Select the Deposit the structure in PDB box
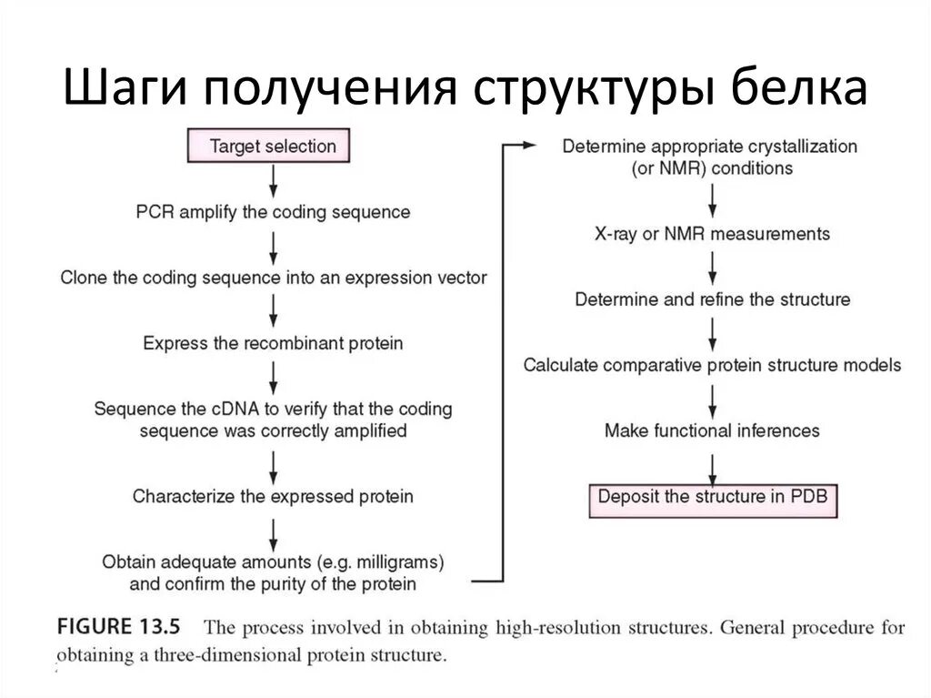(714, 498)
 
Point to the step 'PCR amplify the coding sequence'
(273, 212)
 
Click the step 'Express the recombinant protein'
(273, 343)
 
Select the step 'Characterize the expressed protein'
(273, 496)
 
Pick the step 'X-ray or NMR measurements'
(713, 234)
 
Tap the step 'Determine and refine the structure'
(713, 299)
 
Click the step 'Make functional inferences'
(713, 430)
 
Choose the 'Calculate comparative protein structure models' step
(713, 365)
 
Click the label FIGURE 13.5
(119, 627)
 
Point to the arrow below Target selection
(273, 181)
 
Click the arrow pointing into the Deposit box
(713, 465)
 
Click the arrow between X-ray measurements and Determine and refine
(713, 267)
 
